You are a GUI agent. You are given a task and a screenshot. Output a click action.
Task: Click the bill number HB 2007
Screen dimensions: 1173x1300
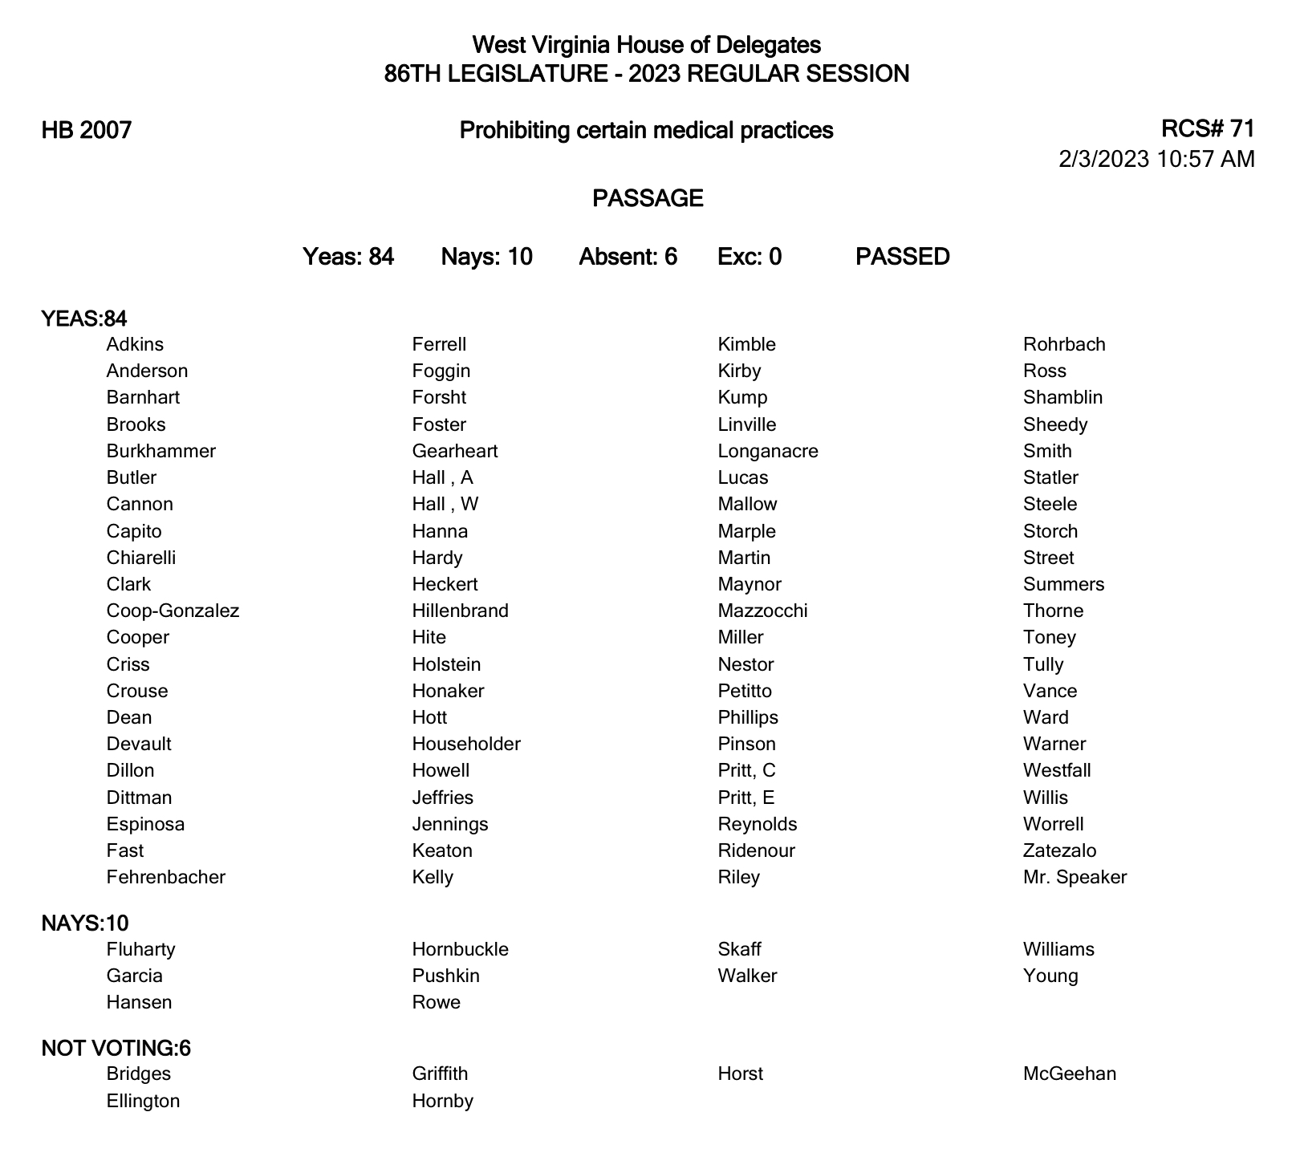[87, 130]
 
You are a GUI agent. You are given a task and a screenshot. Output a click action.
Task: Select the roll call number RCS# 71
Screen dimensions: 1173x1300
[1207, 128]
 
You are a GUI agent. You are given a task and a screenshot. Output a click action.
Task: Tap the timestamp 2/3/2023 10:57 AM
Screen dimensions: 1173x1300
[1156, 159]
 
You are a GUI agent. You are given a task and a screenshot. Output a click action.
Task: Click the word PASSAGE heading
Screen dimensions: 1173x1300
[648, 198]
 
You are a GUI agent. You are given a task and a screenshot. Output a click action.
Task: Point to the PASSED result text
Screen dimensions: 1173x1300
[903, 257]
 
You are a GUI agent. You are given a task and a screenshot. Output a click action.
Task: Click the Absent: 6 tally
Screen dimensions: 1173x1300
[628, 257]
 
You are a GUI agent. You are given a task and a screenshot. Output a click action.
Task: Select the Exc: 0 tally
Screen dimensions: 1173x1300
[750, 257]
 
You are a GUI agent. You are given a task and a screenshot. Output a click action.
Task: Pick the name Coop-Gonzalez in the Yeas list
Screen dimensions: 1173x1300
[173, 611]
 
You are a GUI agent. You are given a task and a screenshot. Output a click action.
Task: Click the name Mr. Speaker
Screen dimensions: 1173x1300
[1075, 877]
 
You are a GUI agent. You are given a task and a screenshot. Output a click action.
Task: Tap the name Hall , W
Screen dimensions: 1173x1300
[445, 504]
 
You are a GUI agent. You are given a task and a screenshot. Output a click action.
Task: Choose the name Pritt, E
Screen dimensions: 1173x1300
[746, 798]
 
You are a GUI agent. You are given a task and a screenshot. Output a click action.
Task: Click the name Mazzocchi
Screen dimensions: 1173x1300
[762, 611]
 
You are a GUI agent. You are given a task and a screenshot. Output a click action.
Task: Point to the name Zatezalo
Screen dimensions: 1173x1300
[1059, 850]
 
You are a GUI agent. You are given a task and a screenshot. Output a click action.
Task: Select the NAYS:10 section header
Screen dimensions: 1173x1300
[85, 923]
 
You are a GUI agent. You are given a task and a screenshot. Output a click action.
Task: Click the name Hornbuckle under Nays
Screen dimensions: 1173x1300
[460, 949]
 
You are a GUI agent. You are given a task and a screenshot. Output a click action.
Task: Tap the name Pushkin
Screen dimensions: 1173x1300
[445, 976]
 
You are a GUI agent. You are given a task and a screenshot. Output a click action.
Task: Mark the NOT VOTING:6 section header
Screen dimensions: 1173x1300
[116, 1049]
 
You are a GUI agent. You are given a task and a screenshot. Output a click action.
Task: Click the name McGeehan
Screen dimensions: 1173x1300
[1070, 1074]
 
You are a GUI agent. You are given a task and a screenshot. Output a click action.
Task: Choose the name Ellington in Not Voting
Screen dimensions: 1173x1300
[143, 1101]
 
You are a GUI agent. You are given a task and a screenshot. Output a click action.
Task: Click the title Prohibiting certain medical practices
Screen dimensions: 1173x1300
[646, 130]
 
